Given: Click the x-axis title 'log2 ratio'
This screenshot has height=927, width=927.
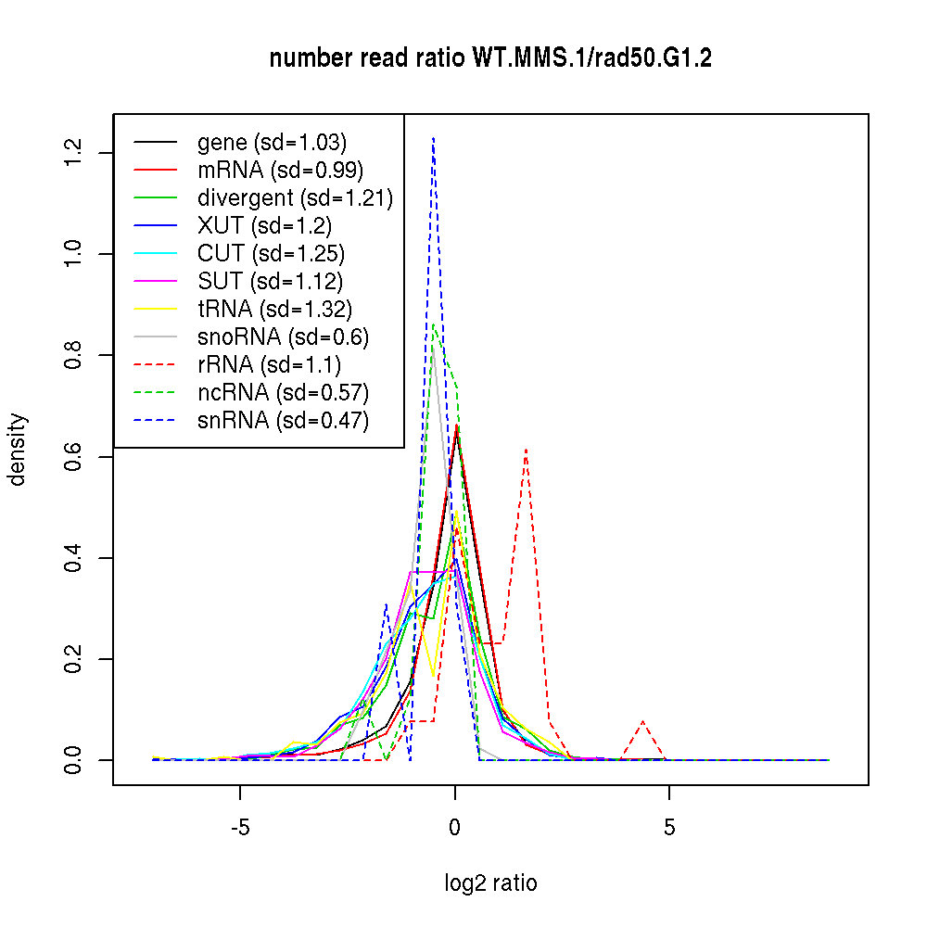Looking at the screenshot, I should (490, 883).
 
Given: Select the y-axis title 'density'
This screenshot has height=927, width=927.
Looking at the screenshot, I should (18, 450).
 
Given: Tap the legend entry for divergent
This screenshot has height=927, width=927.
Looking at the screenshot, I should (295, 198).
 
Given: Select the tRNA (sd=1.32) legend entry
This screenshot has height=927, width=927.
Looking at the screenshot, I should (274, 309).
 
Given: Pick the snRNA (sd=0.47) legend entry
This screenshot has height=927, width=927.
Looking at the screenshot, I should (283, 420).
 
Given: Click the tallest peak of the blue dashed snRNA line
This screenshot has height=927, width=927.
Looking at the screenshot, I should (433, 138).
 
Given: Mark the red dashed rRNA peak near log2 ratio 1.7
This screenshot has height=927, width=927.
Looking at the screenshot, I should (526, 449).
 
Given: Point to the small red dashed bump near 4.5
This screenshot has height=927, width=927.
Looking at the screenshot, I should (643, 721).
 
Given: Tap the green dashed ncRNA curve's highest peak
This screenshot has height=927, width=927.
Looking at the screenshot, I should (434, 324).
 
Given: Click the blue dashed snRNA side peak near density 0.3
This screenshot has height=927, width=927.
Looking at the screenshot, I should (386, 604).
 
